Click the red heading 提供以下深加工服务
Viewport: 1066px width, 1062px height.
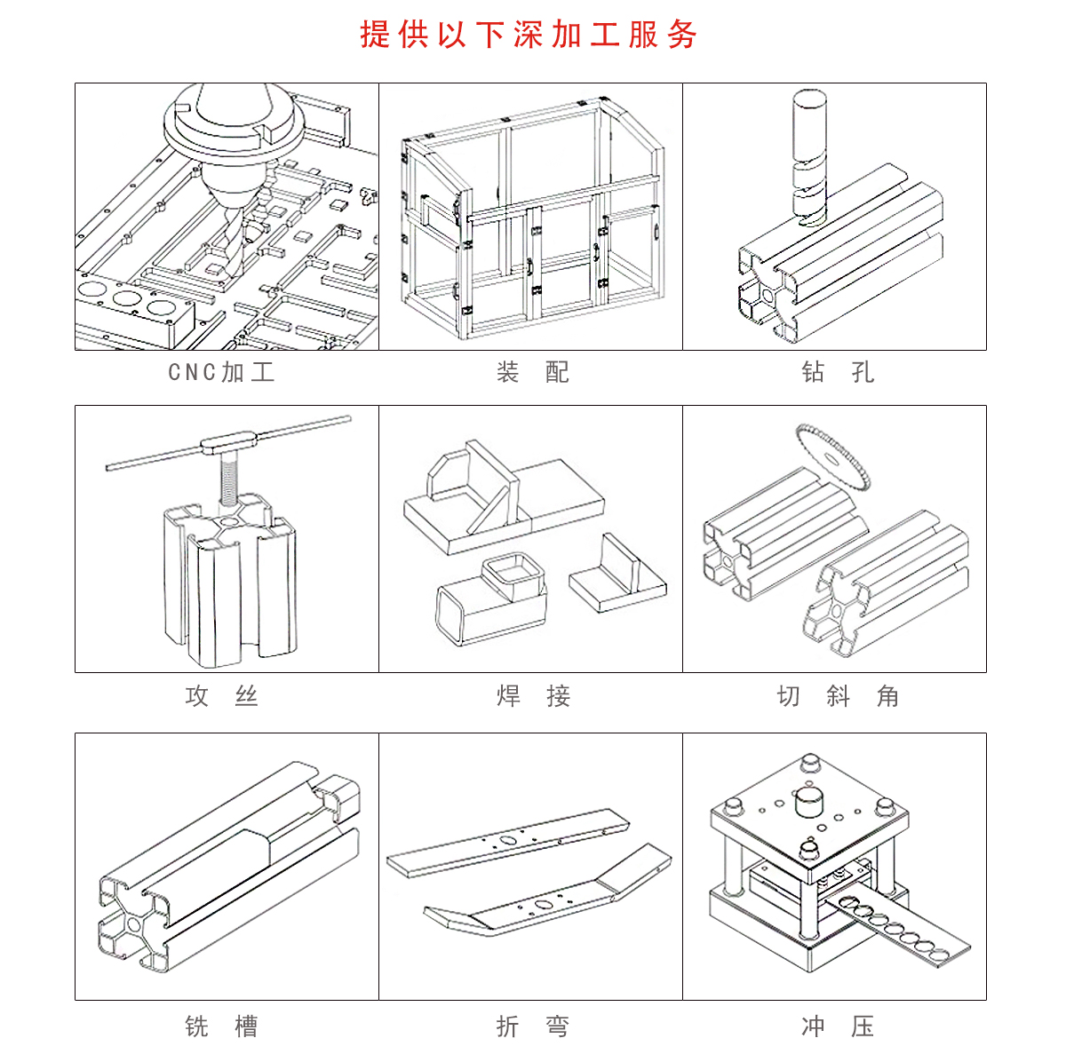(x=529, y=35)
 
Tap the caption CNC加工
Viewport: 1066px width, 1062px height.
(x=221, y=372)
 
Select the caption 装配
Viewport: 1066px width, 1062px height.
(x=532, y=372)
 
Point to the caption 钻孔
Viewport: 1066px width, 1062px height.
(x=838, y=372)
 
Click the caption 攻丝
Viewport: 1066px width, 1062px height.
(x=222, y=696)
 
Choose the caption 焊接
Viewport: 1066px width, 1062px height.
(x=533, y=696)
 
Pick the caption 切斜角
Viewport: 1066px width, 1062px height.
(x=838, y=696)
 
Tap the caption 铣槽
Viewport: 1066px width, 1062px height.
(x=222, y=1026)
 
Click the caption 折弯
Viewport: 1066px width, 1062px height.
(x=532, y=1026)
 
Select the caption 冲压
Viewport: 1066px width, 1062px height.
(x=838, y=1026)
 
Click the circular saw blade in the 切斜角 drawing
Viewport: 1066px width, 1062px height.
(x=833, y=457)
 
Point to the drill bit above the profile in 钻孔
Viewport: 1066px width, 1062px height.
(x=809, y=158)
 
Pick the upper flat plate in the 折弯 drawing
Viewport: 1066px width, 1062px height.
(x=508, y=844)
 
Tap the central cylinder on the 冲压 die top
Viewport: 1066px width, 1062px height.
(x=808, y=802)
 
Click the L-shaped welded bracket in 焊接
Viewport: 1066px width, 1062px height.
(x=618, y=575)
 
